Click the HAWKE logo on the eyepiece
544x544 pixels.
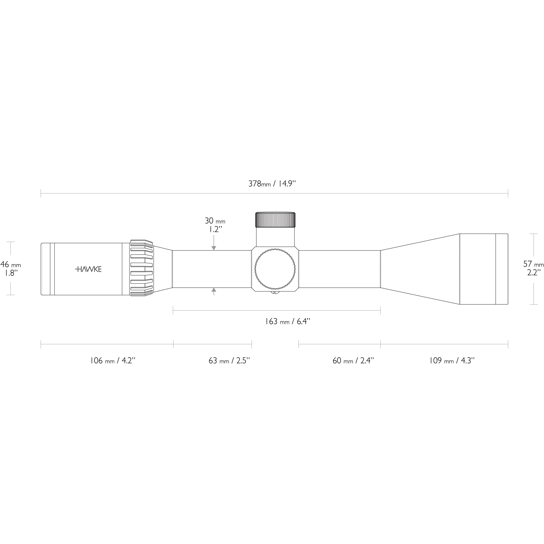click(x=88, y=269)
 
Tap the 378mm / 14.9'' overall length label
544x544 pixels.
click(x=272, y=184)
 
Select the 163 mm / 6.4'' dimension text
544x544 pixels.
click(x=287, y=322)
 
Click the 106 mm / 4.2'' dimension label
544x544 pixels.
click(x=113, y=361)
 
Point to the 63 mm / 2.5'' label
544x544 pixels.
click(x=229, y=361)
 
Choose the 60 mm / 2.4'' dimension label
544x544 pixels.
click(x=353, y=361)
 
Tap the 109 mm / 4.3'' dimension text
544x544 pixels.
click(x=452, y=361)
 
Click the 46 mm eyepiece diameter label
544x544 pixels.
click(x=11, y=265)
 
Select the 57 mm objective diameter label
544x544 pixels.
click(x=533, y=264)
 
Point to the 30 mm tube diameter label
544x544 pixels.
click(x=215, y=221)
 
